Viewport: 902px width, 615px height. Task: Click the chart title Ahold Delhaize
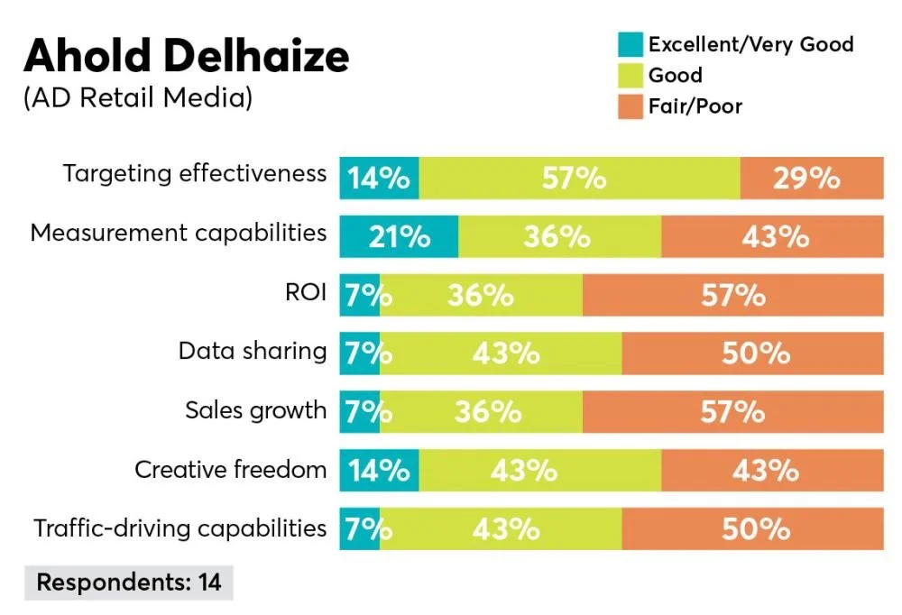point(187,56)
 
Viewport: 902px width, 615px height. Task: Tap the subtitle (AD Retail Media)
point(137,98)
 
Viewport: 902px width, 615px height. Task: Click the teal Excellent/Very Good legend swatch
point(630,43)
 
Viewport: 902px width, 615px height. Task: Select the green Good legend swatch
point(630,74)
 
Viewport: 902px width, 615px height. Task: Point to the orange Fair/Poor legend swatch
point(630,106)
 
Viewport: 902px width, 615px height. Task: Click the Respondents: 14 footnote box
point(129,583)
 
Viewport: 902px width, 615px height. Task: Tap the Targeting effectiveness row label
point(195,173)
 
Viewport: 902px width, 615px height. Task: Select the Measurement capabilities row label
point(179,233)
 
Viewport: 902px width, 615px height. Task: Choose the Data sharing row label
point(253,351)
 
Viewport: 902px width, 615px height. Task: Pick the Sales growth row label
point(256,410)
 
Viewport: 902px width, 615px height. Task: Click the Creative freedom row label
point(231,469)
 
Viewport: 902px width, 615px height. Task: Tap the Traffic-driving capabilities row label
point(180,528)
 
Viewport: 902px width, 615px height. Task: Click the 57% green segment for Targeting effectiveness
point(579,178)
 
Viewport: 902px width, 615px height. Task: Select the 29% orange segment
point(812,178)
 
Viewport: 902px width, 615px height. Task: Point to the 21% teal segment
point(399,236)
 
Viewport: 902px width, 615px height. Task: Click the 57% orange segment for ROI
point(732,295)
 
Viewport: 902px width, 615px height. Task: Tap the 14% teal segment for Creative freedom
point(379,471)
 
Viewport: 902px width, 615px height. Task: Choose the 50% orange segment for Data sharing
point(752,353)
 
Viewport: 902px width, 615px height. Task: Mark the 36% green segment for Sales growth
point(481,412)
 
